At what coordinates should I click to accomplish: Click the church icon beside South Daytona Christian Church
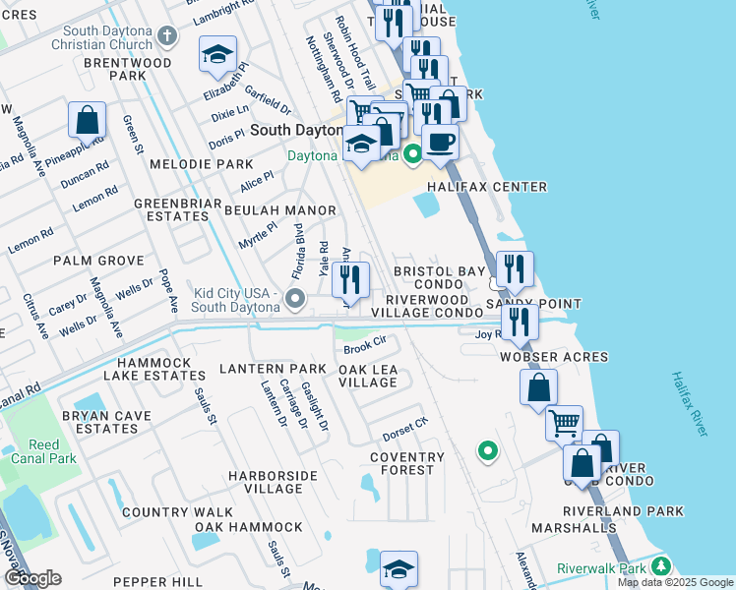[167, 37]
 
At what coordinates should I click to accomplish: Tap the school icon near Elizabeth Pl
[217, 55]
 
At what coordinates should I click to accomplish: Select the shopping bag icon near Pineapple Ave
[88, 120]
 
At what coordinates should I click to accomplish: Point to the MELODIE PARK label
[188, 164]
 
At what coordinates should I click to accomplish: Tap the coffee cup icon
[440, 141]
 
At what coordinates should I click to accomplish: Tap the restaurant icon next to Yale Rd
[350, 279]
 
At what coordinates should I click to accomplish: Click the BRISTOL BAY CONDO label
[439, 277]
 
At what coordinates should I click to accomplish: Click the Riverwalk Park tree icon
[661, 567]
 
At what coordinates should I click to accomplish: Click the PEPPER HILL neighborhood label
[157, 582]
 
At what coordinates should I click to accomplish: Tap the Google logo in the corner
[32, 578]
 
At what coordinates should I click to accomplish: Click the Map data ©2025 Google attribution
[675, 582]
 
